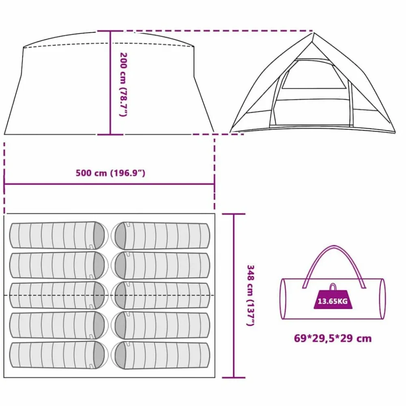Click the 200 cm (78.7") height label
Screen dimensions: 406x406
123,84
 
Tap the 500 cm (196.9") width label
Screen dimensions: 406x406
110,173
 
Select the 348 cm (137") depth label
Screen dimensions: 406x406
250,295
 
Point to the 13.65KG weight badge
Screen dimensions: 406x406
333,298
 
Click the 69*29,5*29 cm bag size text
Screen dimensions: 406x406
333,339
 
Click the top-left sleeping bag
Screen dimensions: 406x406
58,235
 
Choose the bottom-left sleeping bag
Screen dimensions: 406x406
58,355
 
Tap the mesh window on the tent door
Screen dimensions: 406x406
314,75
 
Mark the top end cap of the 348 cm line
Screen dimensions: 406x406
233,214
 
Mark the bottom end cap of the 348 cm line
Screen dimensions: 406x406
233,378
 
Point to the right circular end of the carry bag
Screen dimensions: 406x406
382,299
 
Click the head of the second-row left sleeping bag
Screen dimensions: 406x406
100,265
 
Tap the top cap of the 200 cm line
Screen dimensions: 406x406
110,31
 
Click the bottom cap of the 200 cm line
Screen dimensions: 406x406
110,135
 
